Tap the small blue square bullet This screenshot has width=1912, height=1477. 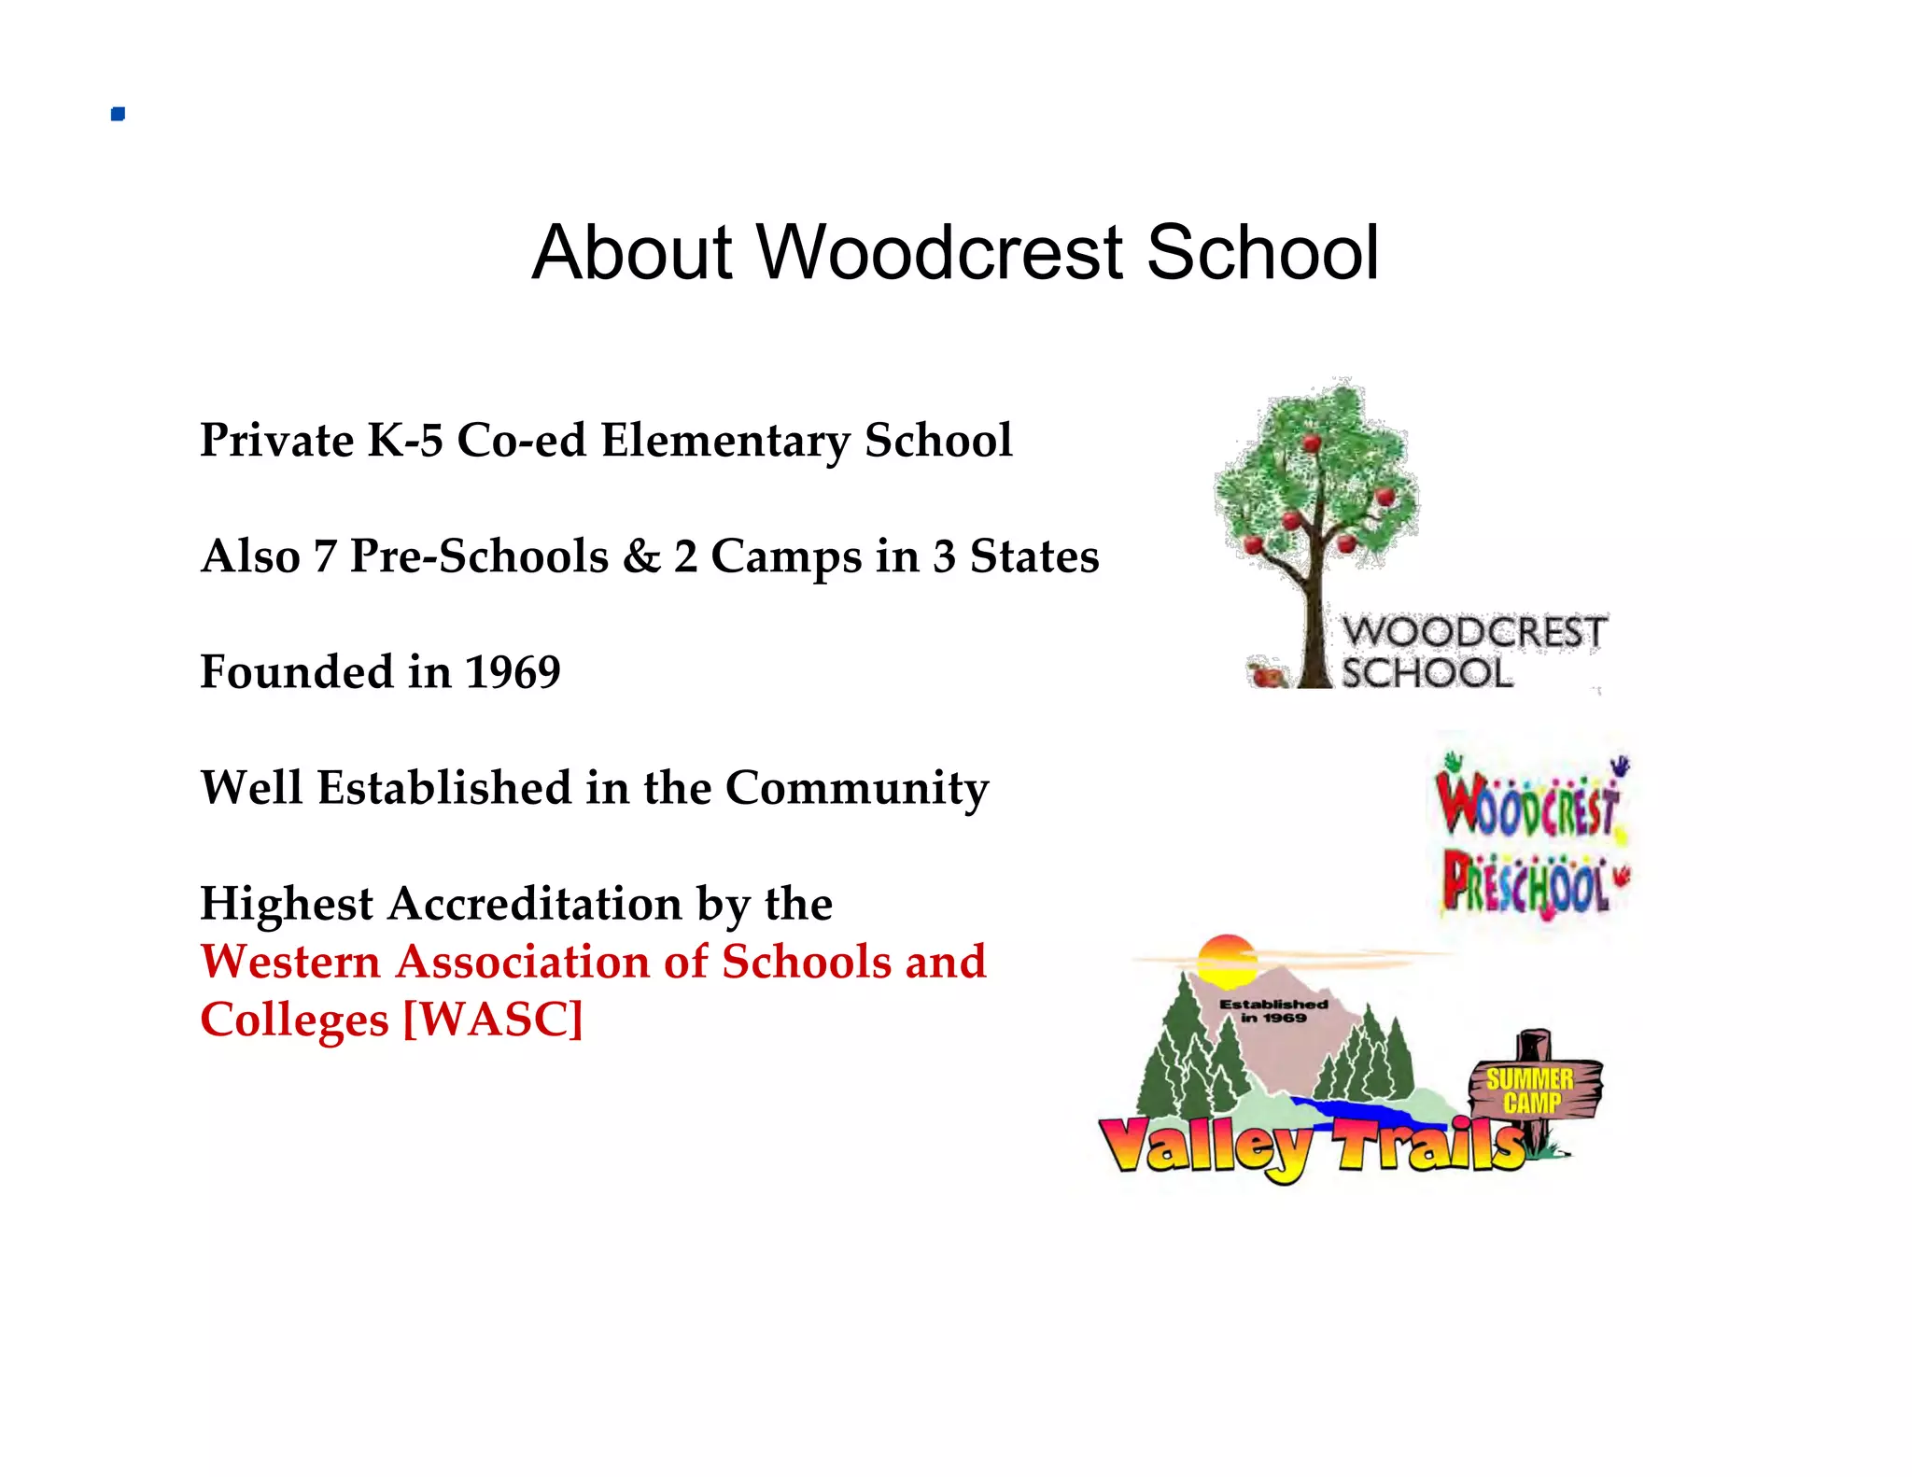click(118, 114)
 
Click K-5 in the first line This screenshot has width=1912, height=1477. click(404, 440)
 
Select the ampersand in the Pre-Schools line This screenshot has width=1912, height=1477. click(641, 556)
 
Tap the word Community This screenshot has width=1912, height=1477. click(857, 789)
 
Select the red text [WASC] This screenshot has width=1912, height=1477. click(492, 1020)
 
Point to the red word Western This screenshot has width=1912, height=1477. click(290, 962)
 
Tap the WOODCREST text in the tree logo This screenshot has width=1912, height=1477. click(1474, 632)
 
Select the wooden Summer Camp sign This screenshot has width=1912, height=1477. click(1533, 1090)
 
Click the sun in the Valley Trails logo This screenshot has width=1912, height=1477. click(1226, 962)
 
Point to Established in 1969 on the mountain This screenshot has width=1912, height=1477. click(1273, 1010)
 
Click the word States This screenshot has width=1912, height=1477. click(1033, 556)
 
